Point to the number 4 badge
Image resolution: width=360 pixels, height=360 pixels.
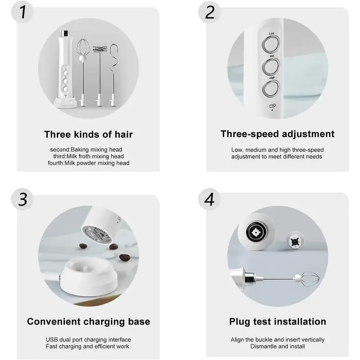(209, 199)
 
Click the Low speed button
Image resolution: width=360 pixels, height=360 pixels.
(271, 45)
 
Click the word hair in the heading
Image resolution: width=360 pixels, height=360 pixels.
(123, 134)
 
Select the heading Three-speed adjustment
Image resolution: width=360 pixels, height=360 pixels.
(277, 134)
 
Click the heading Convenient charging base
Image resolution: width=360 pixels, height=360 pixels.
(89, 321)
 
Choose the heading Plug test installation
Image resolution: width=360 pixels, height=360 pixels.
(277, 321)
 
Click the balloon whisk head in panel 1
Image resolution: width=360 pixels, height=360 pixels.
(82, 49)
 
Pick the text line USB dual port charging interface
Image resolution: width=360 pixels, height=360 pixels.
(89, 339)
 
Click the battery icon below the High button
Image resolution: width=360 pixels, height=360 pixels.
(271, 106)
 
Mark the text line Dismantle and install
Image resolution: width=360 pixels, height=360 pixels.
(277, 346)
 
